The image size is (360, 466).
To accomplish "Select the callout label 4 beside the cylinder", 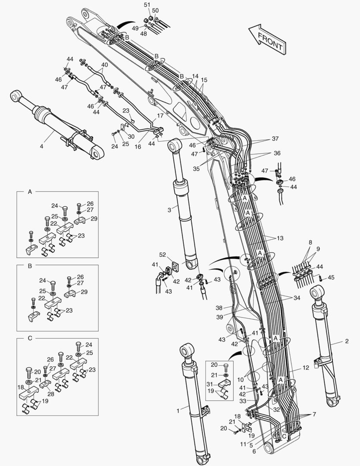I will tap(41, 146).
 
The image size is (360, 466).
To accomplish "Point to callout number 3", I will tap(169, 209).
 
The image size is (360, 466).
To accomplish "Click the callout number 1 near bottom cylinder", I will tap(178, 411).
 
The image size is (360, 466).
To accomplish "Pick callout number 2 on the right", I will tap(346, 341).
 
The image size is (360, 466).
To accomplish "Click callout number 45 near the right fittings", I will tap(331, 277).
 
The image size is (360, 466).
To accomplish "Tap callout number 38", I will tap(219, 308).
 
